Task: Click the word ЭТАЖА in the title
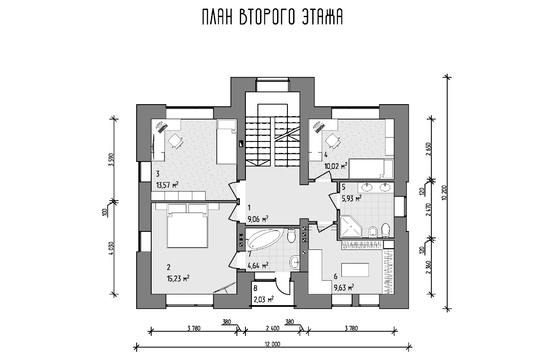click(x=322, y=18)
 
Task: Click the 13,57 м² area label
click(x=167, y=186)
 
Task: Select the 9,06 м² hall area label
click(x=258, y=219)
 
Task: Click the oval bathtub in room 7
click(x=265, y=240)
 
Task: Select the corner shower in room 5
click(x=351, y=226)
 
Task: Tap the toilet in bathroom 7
click(x=291, y=235)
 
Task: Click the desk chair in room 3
click(x=176, y=141)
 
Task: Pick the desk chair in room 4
click(x=332, y=141)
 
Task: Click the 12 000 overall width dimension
click(x=272, y=344)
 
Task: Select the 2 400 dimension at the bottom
click(x=272, y=328)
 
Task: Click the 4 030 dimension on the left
click(x=111, y=248)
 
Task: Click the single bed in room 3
click(x=227, y=141)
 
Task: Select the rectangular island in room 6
click(x=355, y=270)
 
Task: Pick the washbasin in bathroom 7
click(x=295, y=262)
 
